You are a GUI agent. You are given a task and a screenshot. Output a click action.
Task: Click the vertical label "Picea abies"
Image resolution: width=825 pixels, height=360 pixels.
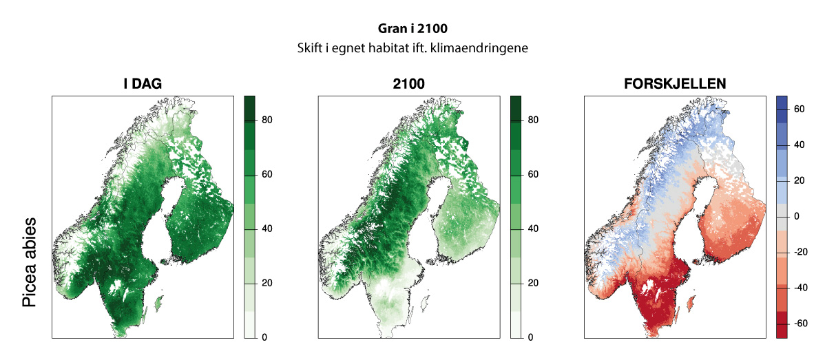(29, 263)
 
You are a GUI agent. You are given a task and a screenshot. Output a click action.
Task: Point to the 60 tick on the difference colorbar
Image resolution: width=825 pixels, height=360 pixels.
(799, 109)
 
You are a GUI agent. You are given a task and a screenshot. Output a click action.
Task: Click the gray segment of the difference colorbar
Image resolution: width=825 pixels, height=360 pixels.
(782, 217)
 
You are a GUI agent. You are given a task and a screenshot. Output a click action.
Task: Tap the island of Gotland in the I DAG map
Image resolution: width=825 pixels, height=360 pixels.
(159, 301)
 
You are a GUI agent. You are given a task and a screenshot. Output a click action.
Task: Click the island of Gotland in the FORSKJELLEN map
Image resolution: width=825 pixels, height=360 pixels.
(691, 301)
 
